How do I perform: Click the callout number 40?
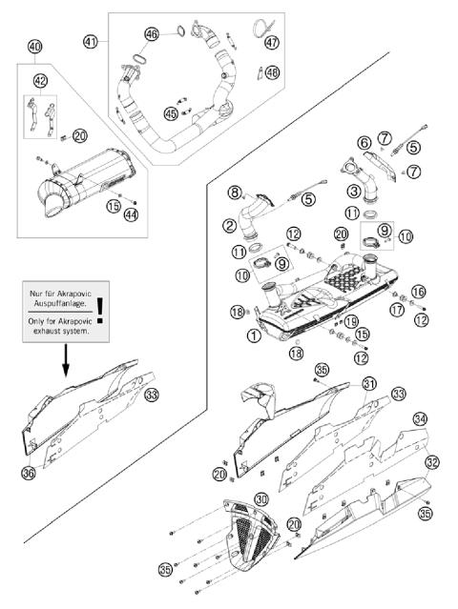pos(34,47)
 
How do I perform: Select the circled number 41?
pos(91,41)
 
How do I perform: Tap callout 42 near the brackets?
pos(41,81)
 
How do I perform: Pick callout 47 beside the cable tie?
pos(272,43)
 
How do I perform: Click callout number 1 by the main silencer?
pos(253,335)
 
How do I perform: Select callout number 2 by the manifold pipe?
pos(231,226)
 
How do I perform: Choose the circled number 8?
pos(234,193)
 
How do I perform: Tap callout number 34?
pos(419,417)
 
